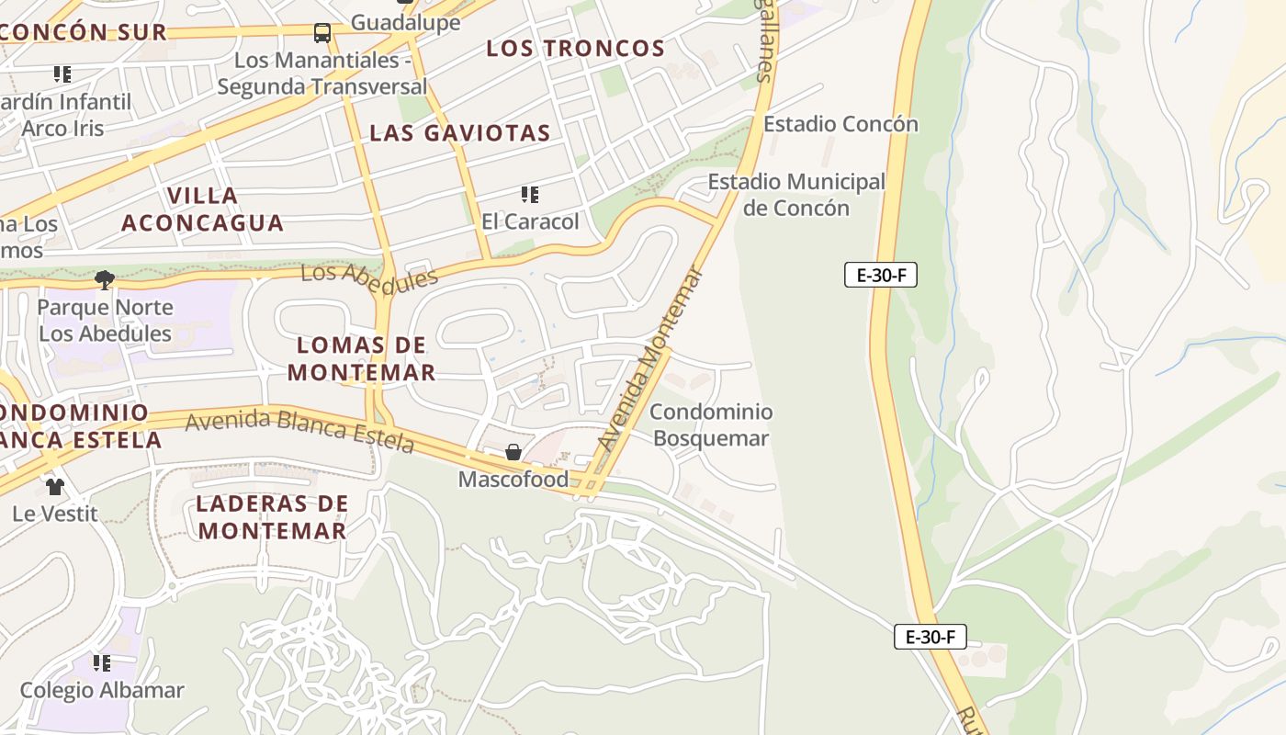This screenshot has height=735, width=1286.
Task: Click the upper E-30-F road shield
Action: point(881,275)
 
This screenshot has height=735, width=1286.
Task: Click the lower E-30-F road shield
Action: point(931,637)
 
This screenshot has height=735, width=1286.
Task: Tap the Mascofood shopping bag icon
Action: point(513,452)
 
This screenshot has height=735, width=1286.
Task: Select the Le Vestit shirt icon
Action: point(55,486)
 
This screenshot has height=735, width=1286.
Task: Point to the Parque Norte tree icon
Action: point(105,279)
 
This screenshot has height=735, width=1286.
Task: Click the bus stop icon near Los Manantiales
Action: point(322,33)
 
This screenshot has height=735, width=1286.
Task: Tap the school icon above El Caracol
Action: point(530,194)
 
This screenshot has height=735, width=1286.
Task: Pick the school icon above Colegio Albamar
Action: point(102,662)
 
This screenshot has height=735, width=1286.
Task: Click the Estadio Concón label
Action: point(840,124)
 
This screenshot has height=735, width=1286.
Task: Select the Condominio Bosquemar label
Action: point(711,425)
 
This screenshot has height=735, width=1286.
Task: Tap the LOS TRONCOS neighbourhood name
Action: point(575,49)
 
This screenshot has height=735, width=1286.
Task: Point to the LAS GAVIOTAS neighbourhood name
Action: point(459,133)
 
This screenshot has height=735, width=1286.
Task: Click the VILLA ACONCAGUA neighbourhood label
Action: point(202,209)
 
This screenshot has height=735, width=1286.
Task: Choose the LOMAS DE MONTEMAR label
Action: point(362,359)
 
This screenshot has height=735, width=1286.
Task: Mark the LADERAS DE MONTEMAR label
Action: point(272,517)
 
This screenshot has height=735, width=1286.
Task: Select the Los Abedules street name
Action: point(369,279)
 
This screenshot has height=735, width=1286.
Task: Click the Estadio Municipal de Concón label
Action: point(795,195)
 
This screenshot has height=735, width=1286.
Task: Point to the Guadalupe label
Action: point(405,22)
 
